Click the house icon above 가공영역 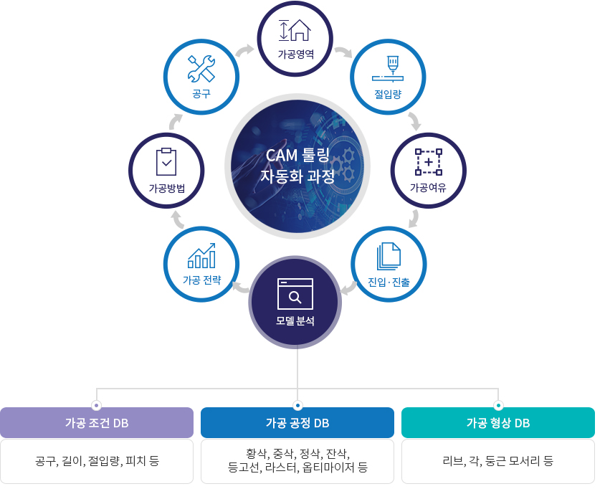click(295, 29)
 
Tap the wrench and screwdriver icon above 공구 click(201, 69)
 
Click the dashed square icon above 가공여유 click(428, 163)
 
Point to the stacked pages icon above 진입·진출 click(389, 257)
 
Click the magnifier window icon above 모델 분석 click(295, 293)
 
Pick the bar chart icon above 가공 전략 click(201, 255)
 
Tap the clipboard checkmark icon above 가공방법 click(166, 163)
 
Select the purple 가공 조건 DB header click(97, 422)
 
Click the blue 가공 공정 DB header click(297, 422)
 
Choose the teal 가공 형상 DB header click(498, 422)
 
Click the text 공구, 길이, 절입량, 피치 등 click(97, 460)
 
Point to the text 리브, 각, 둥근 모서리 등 click(498, 460)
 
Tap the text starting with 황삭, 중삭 click(297, 460)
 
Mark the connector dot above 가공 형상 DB click(498, 404)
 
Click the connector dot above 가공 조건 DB click(97, 404)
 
